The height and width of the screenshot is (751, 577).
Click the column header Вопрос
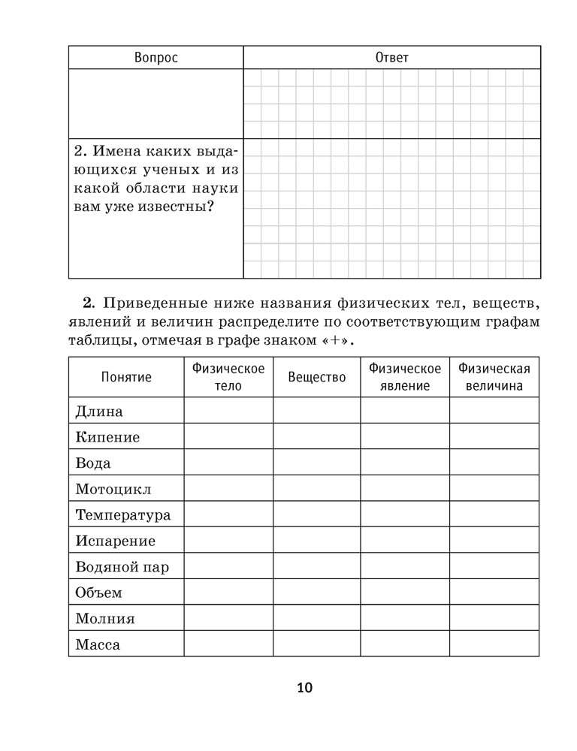point(156,58)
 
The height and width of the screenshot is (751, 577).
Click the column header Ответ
point(391,58)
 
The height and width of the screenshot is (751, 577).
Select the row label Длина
point(99,411)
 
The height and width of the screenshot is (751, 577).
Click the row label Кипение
point(107,437)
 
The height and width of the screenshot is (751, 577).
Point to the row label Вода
point(93,463)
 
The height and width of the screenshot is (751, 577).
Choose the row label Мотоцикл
point(113,489)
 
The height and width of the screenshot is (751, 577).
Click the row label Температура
point(123,515)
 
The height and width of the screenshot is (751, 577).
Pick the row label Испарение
point(116,541)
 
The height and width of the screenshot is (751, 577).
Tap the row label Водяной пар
point(122,567)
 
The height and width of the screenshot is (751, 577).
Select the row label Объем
point(99,593)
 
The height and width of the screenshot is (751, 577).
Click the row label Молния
point(105,619)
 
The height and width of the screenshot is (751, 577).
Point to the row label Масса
point(98,644)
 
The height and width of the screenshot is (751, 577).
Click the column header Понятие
point(126,377)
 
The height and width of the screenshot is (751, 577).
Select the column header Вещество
point(317,377)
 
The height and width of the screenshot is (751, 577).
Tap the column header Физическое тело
point(228,377)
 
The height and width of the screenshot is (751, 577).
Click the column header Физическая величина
point(494,377)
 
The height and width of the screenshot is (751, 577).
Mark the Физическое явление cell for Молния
point(405,619)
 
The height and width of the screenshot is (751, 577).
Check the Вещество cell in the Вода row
point(317,463)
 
